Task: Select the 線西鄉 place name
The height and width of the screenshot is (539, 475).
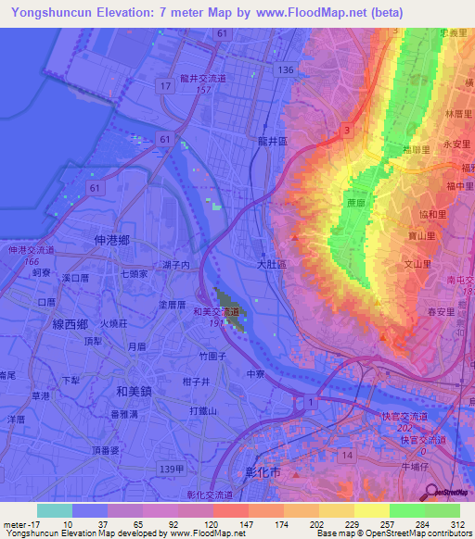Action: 70,323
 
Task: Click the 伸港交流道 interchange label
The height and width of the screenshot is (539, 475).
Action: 32,250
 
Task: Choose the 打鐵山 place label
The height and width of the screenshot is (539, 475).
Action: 202,410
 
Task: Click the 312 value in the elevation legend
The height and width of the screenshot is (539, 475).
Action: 456,522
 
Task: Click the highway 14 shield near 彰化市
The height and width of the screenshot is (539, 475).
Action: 345,456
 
